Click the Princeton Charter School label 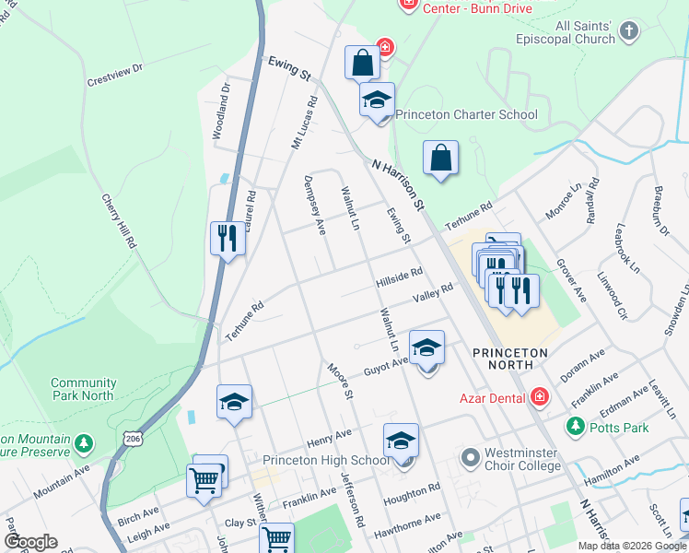click(x=466, y=115)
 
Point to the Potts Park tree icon click(x=576, y=426)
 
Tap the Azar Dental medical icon click(x=540, y=397)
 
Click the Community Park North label click(x=83, y=389)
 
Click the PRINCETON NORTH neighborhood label click(x=509, y=359)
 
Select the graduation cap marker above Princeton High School click(x=401, y=441)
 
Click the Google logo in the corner click(x=30, y=541)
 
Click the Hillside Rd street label click(x=399, y=277)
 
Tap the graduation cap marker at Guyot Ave click(x=426, y=348)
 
